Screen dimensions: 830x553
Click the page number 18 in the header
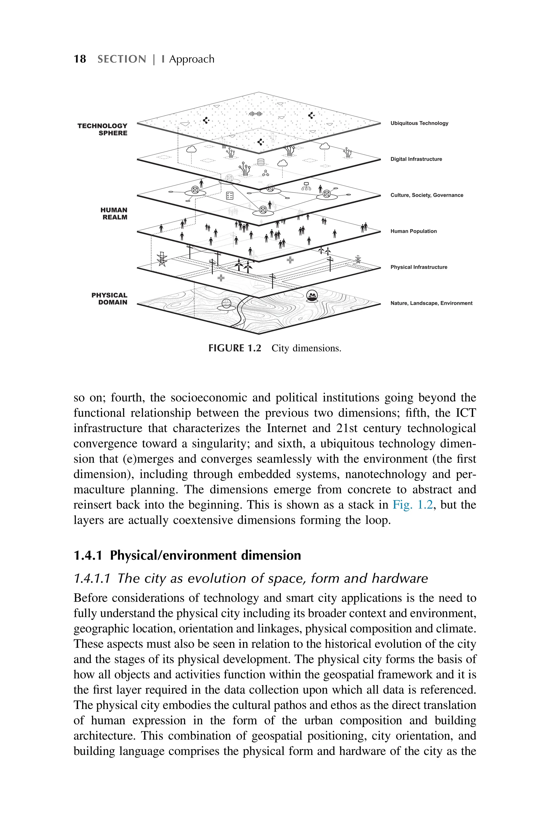pos(80,59)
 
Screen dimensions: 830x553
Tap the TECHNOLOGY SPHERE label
pos(103,129)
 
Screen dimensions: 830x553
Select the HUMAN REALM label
pos(114,213)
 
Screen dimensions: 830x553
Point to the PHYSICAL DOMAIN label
pos(109,299)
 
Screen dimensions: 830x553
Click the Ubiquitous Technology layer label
pos(419,123)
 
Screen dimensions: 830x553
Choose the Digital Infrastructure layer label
pos(416,159)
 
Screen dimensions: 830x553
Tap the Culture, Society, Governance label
pos(426,195)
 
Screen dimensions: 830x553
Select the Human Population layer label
pos(413,231)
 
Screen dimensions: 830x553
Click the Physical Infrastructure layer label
pos(419,267)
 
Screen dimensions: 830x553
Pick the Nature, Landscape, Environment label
pos(431,303)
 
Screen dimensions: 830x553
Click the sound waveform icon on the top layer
pos(256,114)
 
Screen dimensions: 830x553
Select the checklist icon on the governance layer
pos(230,196)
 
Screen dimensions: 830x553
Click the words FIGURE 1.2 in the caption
pos(235,348)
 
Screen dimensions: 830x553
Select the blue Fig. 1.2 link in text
pos(412,505)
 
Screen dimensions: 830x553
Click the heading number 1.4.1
pos(88,555)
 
